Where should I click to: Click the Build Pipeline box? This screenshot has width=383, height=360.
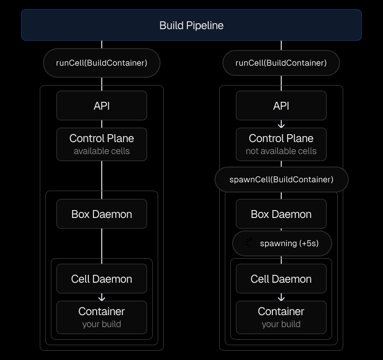(191, 25)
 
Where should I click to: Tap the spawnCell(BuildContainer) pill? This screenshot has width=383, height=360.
(281, 180)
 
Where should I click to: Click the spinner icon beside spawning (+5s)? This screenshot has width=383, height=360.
(250, 243)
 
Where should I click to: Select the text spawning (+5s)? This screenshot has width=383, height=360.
(289, 243)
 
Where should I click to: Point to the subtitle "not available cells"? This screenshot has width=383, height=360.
(281, 151)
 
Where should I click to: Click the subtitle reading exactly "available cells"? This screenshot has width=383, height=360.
(102, 151)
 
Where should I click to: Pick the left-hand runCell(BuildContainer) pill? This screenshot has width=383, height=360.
(102, 63)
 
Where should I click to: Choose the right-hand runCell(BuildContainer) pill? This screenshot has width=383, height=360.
(281, 63)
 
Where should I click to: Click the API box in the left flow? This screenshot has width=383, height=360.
(102, 106)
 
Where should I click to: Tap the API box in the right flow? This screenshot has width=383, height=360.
(281, 106)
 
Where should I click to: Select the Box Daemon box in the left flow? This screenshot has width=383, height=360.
(102, 214)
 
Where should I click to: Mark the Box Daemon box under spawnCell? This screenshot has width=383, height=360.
(281, 214)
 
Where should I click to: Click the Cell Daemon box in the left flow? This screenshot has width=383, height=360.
(102, 279)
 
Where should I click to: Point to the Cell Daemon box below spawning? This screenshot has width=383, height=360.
(281, 279)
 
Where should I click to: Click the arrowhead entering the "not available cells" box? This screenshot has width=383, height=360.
(281, 125)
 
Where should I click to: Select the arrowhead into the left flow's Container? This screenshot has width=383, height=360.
(102, 298)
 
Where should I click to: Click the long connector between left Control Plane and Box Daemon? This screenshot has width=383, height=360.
(102, 176)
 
